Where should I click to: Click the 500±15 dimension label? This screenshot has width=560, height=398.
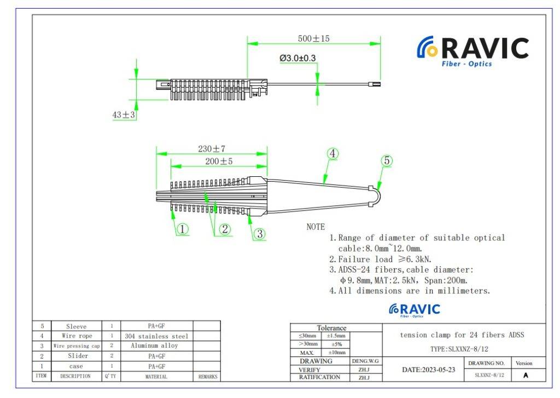point(313,39)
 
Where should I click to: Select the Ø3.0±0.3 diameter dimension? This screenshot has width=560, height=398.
point(297,58)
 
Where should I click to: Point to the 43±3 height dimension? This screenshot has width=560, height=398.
point(124,115)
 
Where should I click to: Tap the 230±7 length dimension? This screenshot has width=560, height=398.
point(212,149)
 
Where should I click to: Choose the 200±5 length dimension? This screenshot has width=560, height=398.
point(219,161)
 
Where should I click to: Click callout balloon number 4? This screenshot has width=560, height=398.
point(333,154)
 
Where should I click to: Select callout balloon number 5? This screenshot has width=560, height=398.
point(387,161)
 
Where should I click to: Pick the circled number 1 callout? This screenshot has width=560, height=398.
point(183,230)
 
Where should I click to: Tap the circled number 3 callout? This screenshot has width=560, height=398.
point(260,233)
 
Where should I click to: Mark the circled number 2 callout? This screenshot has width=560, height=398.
point(225,230)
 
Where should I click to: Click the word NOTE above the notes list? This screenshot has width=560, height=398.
point(316,227)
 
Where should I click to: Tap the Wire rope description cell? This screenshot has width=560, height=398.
point(77,336)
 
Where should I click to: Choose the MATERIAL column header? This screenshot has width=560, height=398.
point(156,377)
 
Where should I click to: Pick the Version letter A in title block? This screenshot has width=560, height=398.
point(526,375)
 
